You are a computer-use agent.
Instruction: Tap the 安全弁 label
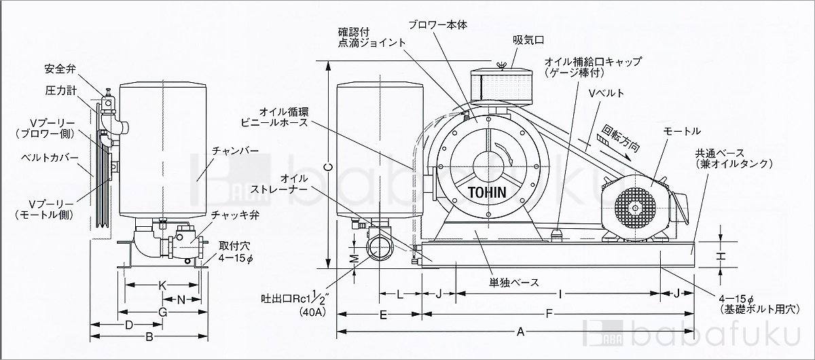59,69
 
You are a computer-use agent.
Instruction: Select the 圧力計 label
60,90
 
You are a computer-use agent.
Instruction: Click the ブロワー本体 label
438,24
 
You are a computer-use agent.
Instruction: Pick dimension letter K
162,286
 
